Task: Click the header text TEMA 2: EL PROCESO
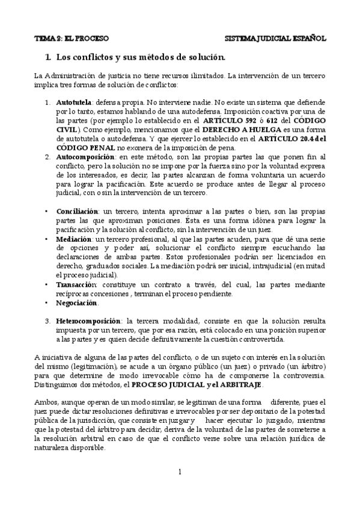71,38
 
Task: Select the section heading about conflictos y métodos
140,58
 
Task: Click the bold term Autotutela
75,103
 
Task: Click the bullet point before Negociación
47,303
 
